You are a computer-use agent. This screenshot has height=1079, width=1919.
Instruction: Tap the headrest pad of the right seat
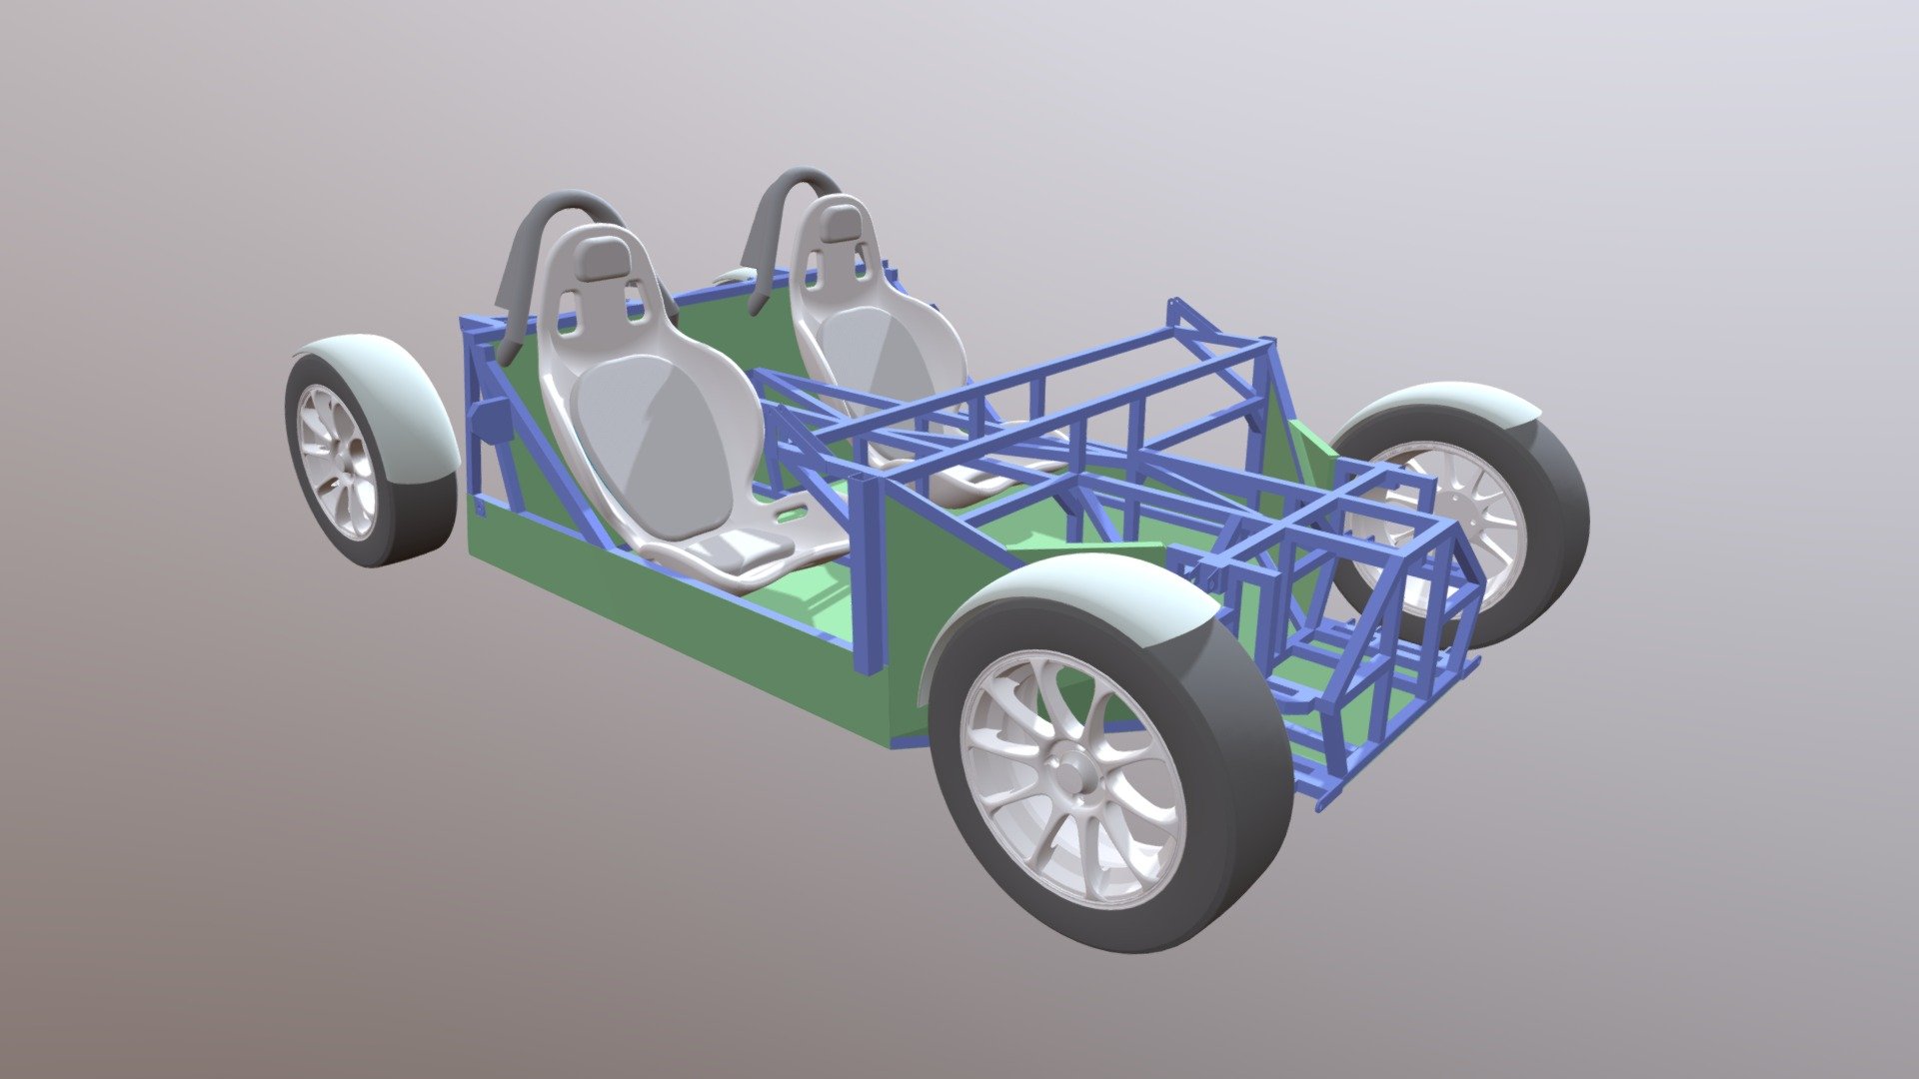click(842, 226)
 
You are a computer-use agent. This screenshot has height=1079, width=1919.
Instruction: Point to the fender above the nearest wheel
click(1079, 599)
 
